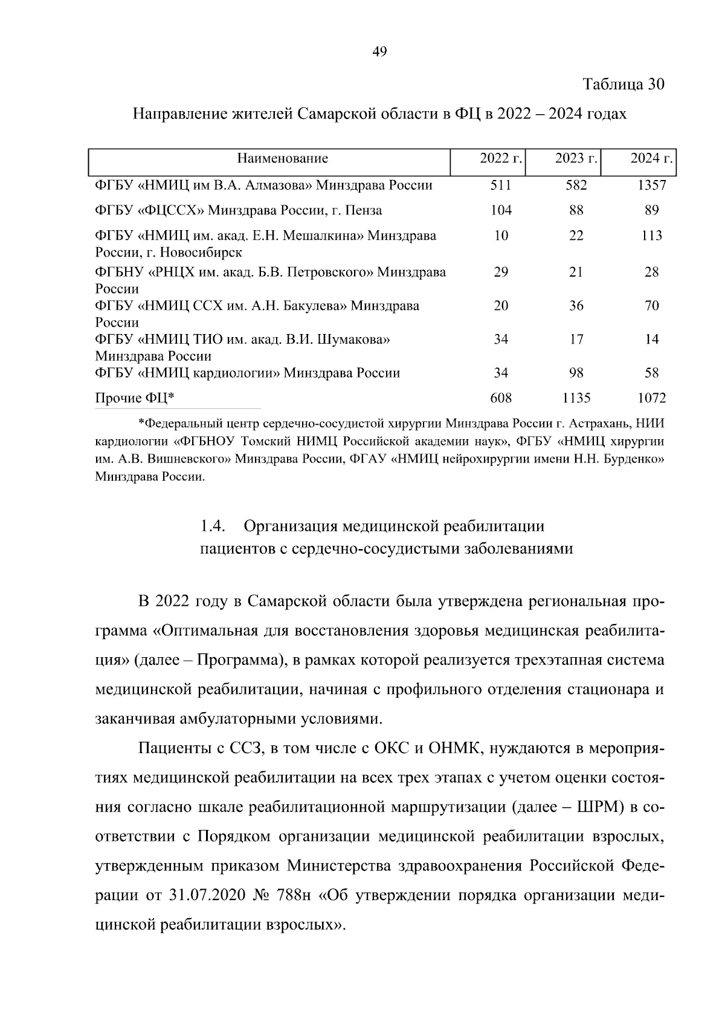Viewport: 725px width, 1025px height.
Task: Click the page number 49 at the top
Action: (379, 51)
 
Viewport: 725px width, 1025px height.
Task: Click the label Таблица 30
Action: (623, 84)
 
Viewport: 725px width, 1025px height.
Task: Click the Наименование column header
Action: (282, 159)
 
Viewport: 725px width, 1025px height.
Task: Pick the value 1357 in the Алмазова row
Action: (651, 185)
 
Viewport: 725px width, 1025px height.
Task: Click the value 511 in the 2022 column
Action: (501, 185)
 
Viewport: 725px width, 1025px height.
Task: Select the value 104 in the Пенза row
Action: (501, 210)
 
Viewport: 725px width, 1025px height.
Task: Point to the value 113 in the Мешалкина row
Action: (651, 236)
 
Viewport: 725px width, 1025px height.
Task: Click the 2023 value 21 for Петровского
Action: (576, 272)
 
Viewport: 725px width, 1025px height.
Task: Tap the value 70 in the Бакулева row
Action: (651, 306)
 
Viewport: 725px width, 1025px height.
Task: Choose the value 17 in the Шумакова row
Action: (576, 339)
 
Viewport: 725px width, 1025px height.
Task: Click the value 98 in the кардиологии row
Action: (576, 373)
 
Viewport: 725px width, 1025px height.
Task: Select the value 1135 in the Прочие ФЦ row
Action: (576, 398)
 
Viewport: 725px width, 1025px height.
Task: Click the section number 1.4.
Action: (213, 526)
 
